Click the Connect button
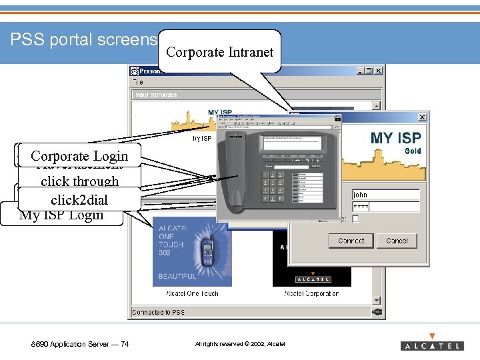[x=351, y=241]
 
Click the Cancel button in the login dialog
[x=397, y=241]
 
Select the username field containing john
[x=385, y=195]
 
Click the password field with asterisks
[x=385, y=207]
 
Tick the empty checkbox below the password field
[x=356, y=219]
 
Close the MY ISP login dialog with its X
[x=422, y=117]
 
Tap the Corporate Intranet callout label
[x=219, y=52]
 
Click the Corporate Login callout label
[x=79, y=156]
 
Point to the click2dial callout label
[x=79, y=199]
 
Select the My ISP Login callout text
[x=61, y=215]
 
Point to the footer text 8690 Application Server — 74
[x=80, y=344]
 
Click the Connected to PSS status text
[x=159, y=312]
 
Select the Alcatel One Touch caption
[x=192, y=293]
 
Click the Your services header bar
[x=256, y=95]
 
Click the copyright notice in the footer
[x=239, y=344]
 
